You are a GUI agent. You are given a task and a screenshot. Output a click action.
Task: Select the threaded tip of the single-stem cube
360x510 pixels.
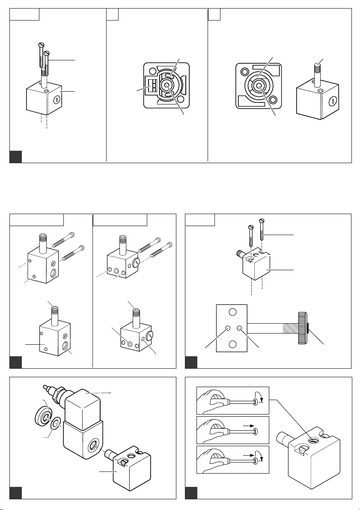pos(319,67)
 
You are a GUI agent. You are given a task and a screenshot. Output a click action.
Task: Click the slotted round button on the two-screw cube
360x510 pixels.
pos(57,100)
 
